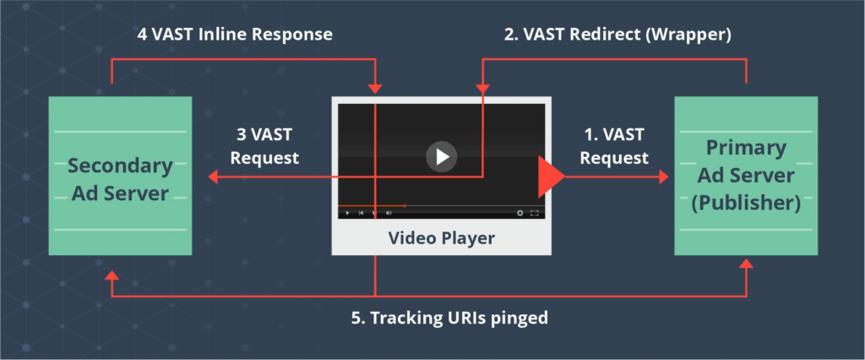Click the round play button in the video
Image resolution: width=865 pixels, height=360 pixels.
[x=441, y=156]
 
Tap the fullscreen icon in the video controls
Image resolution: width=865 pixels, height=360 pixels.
[x=534, y=213]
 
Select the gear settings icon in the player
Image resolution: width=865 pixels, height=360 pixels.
[x=520, y=213]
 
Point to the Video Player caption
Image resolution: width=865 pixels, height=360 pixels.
[x=441, y=238]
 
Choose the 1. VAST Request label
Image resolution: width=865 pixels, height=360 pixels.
[x=614, y=145]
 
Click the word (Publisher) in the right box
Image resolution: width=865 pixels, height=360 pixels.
[x=746, y=204]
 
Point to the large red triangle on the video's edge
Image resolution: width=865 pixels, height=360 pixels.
[x=550, y=177]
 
